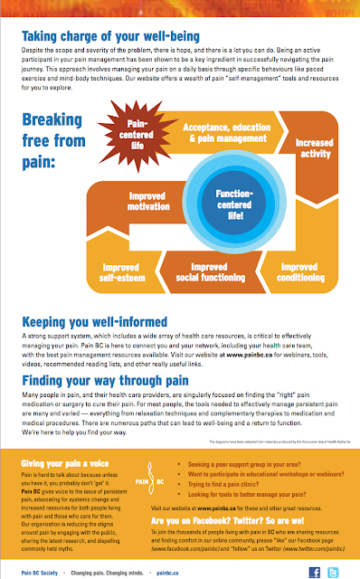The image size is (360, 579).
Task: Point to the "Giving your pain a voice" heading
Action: [65, 463]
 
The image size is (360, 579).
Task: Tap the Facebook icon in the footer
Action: [314, 572]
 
